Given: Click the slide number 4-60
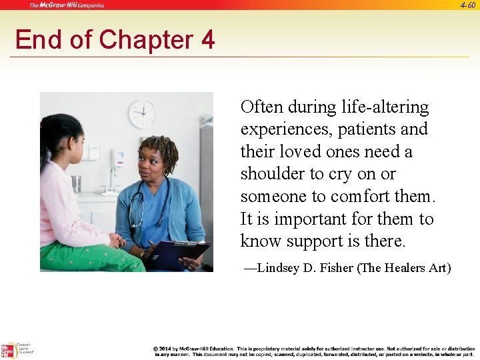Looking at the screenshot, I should [x=467, y=5].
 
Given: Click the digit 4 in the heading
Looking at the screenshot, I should [x=207, y=40].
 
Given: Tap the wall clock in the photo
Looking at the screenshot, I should [x=142, y=114].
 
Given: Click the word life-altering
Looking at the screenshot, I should [x=385, y=107].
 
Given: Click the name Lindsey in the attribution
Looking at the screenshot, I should [x=279, y=268].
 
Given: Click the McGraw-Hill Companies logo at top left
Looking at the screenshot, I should [x=66, y=5].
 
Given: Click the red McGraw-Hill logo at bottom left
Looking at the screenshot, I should [x=8, y=351].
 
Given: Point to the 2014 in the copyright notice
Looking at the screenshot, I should [x=166, y=348].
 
